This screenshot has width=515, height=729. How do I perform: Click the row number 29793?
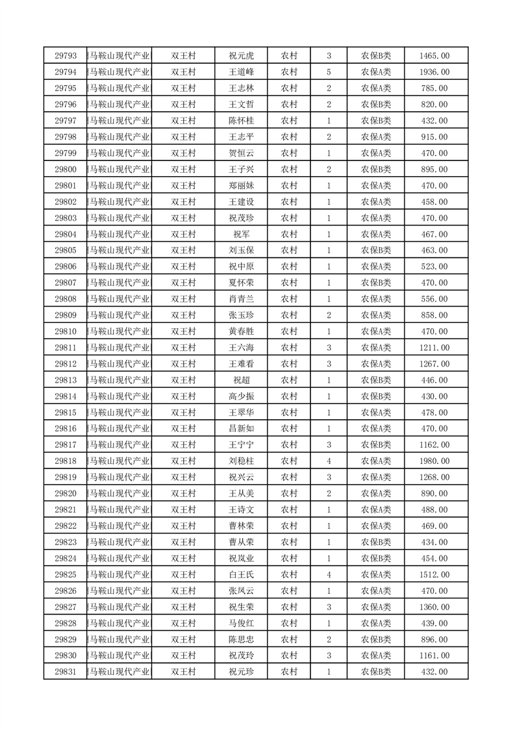pyautogui.click(x=66, y=56)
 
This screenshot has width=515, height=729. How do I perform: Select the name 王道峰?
pyautogui.click(x=240, y=72)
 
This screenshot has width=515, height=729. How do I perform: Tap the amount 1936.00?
pyautogui.click(x=434, y=72)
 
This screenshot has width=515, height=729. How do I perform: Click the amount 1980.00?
pyautogui.click(x=434, y=461)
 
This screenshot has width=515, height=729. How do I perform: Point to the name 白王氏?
pyautogui.click(x=240, y=574)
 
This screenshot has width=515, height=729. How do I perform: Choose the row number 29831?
pyautogui.click(x=66, y=671)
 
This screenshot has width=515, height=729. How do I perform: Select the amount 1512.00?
pyautogui.click(x=434, y=574)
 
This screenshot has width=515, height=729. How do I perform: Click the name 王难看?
pyautogui.click(x=240, y=364)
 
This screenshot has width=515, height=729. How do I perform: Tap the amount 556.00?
pyautogui.click(x=434, y=299)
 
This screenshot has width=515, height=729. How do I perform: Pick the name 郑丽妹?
pyautogui.click(x=240, y=185)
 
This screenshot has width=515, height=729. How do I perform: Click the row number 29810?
pyautogui.click(x=66, y=331)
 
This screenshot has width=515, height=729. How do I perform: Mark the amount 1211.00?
pyautogui.click(x=434, y=348)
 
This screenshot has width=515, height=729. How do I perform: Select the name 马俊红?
pyautogui.click(x=240, y=622)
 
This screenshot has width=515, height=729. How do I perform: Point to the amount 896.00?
pyautogui.click(x=434, y=639)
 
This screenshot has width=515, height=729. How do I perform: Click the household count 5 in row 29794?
pyautogui.click(x=329, y=72)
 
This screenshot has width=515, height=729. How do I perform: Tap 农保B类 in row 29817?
pyautogui.click(x=376, y=444)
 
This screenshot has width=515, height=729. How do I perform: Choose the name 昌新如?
pyautogui.click(x=240, y=428)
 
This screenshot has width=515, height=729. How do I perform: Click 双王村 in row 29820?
pyautogui.click(x=183, y=493)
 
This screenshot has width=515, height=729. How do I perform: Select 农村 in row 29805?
pyautogui.click(x=289, y=250)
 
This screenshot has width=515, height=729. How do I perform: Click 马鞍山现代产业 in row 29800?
pyautogui.click(x=120, y=169)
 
